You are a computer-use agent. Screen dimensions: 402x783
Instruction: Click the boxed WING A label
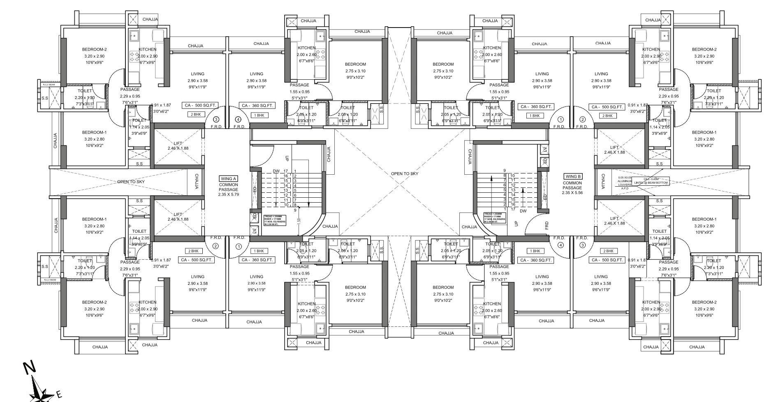228,179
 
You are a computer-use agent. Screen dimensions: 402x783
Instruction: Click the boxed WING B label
572,177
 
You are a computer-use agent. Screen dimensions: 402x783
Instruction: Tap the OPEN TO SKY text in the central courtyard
404,174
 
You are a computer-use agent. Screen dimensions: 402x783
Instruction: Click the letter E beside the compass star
60,395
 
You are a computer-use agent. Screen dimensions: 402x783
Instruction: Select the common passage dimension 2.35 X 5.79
228,194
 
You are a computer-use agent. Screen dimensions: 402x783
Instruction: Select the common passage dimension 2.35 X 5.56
572,192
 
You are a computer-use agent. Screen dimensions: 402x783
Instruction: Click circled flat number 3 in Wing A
216,120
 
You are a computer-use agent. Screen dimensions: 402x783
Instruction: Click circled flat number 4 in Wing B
560,245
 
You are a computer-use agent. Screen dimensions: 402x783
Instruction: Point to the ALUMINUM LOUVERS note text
625,183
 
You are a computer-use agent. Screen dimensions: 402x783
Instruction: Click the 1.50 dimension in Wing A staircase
299,221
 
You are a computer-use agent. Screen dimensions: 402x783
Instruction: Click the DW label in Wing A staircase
276,171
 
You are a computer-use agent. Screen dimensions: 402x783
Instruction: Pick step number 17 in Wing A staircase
285,171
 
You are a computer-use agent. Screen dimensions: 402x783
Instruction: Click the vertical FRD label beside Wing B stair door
547,225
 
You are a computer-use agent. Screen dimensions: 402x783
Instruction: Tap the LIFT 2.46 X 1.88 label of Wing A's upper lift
178,146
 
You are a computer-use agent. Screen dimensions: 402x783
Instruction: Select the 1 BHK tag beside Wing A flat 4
259,116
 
